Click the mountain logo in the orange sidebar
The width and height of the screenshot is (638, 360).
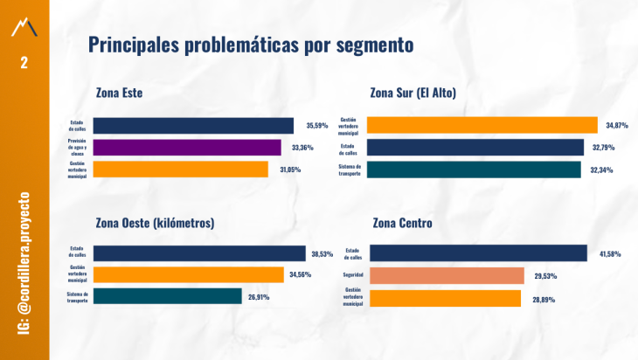24,28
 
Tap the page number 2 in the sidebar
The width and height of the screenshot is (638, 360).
24,63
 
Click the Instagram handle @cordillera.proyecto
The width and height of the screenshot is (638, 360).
24,261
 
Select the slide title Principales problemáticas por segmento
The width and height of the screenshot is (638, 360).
250,45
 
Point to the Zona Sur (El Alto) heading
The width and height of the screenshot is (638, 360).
413,93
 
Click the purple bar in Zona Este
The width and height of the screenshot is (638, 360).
187,148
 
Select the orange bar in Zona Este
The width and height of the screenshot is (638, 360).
180,170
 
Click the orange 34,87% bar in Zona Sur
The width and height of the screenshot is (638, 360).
482,125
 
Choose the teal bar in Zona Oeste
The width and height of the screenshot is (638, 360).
167,296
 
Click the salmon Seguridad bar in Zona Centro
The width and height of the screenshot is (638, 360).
447,276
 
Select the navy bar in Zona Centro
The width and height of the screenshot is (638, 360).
478,253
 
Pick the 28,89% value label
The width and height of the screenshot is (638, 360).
544,299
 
